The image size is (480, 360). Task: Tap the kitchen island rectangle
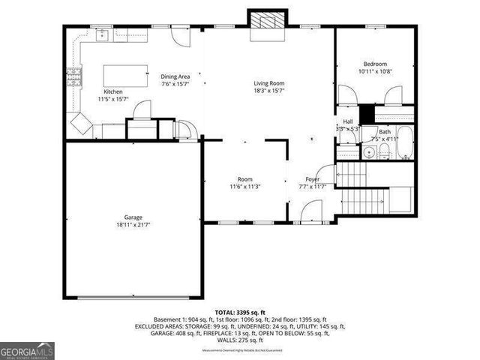(124, 75)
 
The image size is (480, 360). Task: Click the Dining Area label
(175, 76)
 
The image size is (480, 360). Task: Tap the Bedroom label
(375, 64)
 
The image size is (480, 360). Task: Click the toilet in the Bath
(383, 152)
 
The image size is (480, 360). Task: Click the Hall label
(348, 121)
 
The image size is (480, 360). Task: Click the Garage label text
(133, 217)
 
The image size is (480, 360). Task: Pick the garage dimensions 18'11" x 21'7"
(133, 224)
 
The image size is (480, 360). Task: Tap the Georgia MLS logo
(27, 350)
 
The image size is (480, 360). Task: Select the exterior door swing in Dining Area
(177, 35)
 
